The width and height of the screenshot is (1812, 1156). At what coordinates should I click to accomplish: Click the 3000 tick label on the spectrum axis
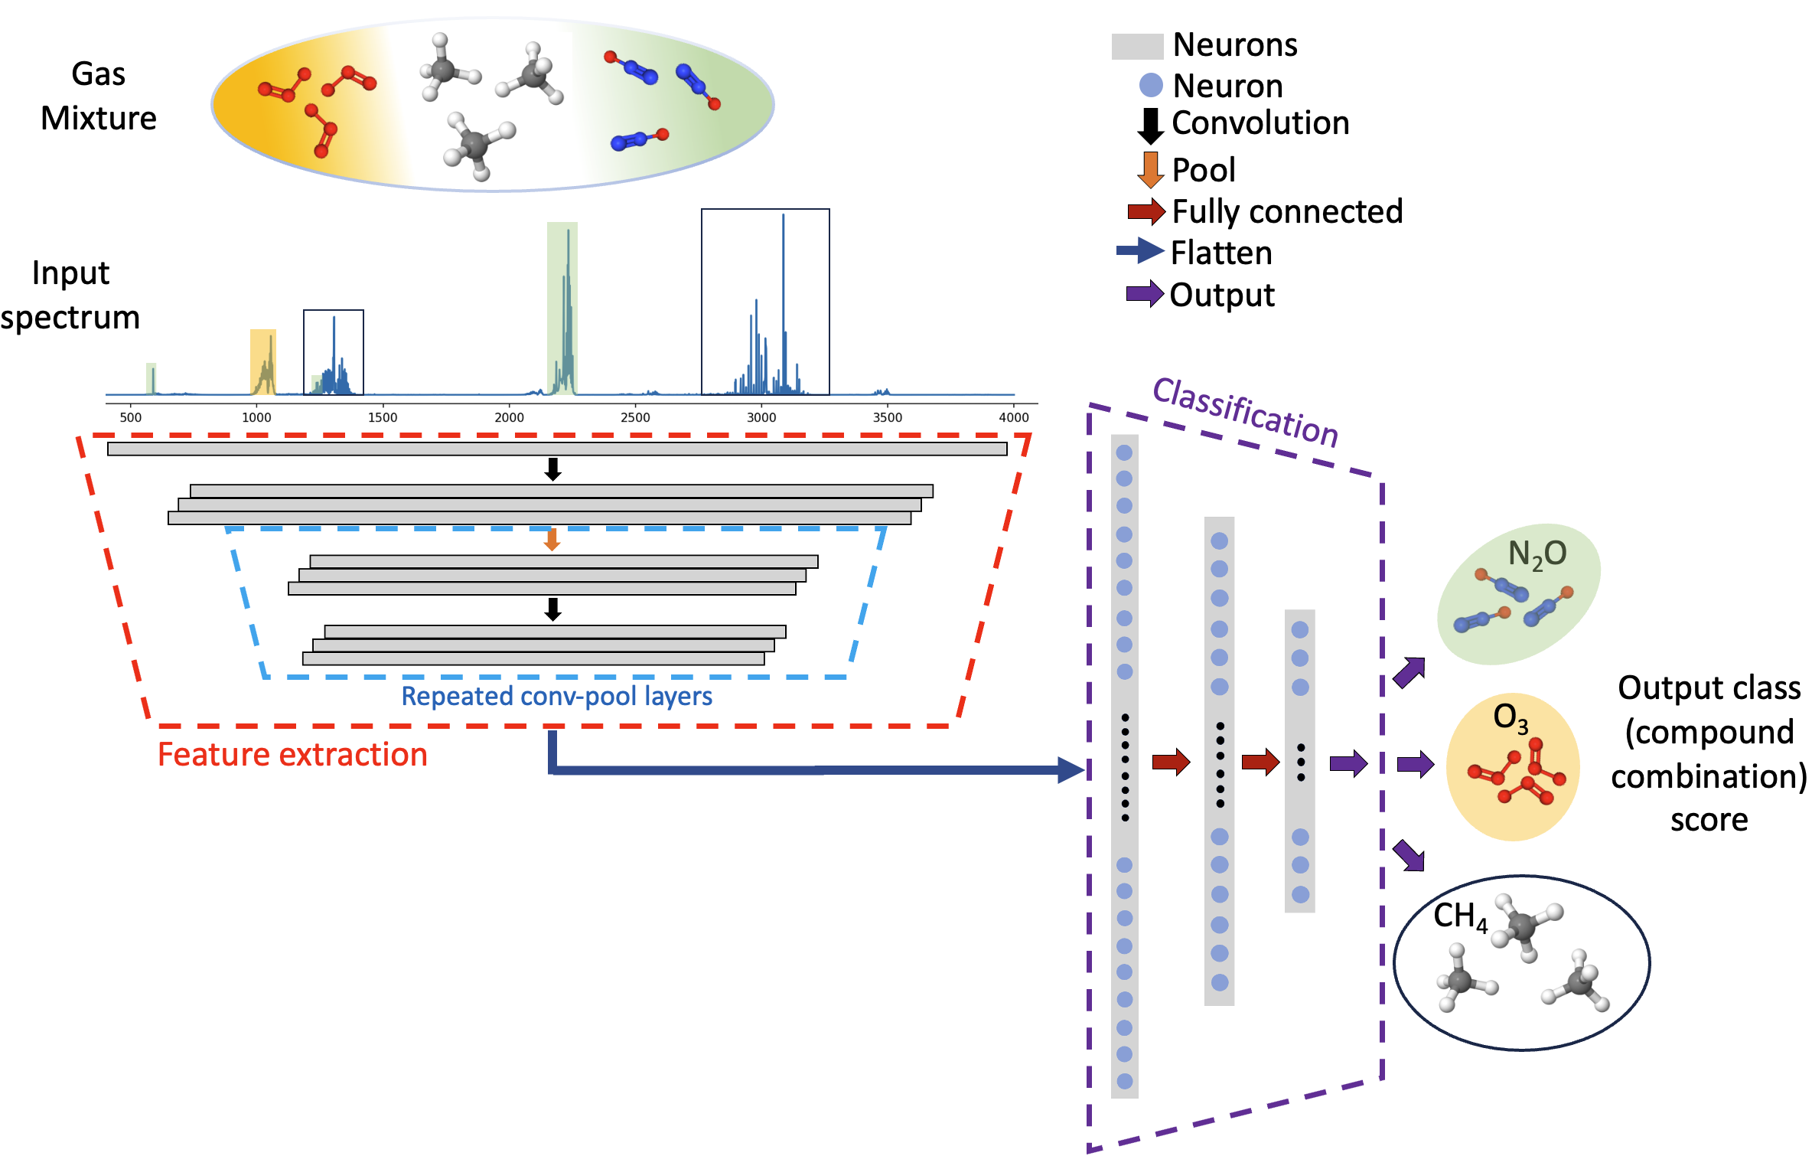coord(761,417)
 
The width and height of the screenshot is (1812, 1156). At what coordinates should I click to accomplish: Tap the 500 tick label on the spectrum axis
coord(131,417)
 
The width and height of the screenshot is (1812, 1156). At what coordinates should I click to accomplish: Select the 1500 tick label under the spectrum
coord(383,417)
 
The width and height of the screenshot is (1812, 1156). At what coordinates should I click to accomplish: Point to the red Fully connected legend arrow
coord(1146,212)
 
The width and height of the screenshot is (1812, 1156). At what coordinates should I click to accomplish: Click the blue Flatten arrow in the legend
coord(1140,251)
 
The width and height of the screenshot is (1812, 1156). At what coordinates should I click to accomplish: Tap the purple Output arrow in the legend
coord(1145,294)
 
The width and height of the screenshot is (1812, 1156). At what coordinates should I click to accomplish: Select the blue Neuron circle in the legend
coord(1151,85)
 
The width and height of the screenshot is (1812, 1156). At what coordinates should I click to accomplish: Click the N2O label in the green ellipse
coord(1537,554)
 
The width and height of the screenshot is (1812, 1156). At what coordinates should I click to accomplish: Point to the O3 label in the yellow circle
coord(1511,718)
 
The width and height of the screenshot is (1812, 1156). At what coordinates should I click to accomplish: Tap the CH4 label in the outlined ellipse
coord(1460,916)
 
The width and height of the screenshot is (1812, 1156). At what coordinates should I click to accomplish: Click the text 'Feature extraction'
coord(292,755)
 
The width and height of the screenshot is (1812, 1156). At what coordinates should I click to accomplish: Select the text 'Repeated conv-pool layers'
coord(556,696)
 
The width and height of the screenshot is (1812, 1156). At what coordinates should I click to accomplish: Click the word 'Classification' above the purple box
coord(1246,412)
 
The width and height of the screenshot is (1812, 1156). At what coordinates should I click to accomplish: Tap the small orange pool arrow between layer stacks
coord(552,540)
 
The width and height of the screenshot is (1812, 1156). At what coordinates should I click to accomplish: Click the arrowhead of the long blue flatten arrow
coord(1071,769)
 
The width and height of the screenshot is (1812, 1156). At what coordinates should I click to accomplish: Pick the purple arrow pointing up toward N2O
coord(1410,672)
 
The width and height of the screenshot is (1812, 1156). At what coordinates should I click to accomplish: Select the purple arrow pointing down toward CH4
coord(1410,855)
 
